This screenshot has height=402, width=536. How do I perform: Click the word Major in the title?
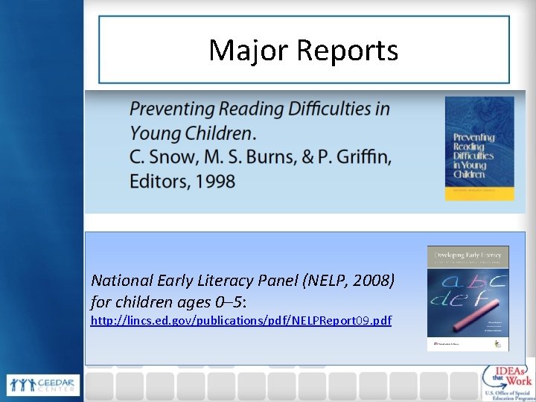coord(249,51)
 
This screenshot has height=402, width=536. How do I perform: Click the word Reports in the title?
coord(348,51)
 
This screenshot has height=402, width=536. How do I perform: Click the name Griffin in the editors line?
coord(365,156)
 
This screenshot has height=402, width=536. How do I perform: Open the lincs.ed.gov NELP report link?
coord(240,320)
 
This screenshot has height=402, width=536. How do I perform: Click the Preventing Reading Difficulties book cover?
coord(479,148)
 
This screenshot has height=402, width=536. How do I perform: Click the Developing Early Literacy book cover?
coord(468,298)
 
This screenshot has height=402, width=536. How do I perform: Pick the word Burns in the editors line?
coord(280,156)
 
